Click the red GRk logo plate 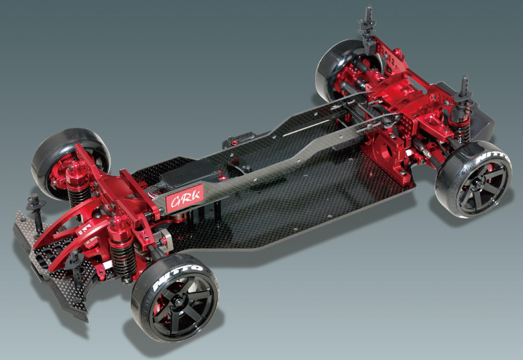185,198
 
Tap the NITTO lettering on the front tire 178,276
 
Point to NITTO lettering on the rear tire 492,158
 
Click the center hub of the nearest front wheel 178,302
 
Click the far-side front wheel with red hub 70,163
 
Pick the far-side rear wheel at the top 347,70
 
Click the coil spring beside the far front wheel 78,192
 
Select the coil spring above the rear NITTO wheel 461,131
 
